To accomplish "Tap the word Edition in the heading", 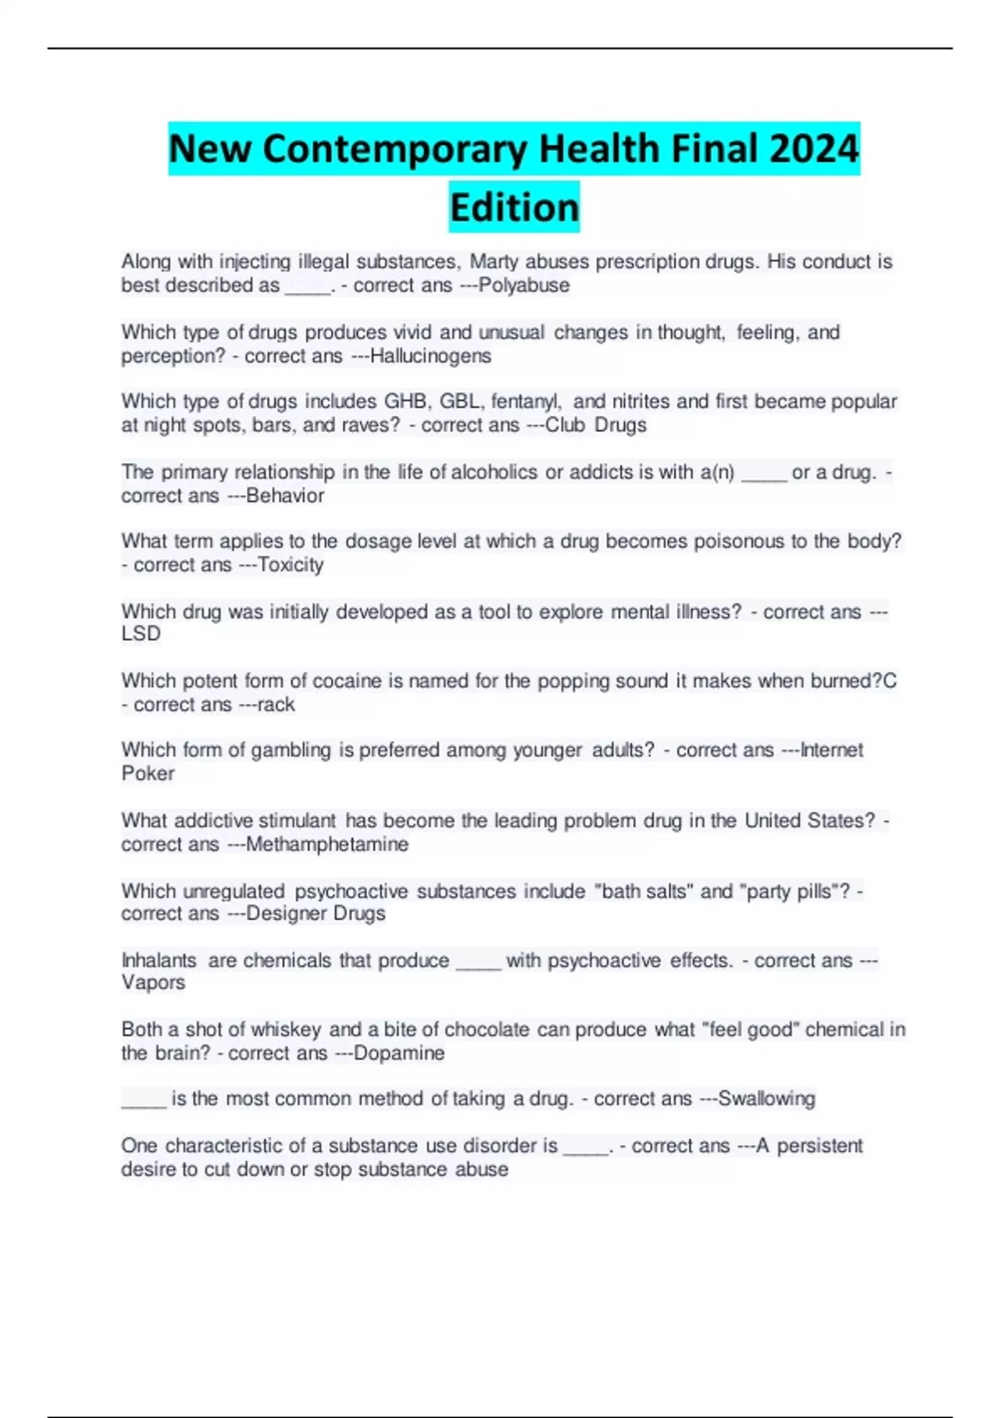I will (514, 207).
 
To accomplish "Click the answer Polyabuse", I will (524, 285).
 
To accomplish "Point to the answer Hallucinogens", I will (430, 356).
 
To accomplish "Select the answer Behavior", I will (285, 495).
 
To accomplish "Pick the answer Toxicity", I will (290, 565).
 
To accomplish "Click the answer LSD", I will (141, 634).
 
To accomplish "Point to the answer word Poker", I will (148, 773).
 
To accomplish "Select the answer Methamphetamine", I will (327, 844).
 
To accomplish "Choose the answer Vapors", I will (153, 983).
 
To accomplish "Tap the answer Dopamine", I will (400, 1053).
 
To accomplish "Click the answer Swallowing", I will (767, 1099).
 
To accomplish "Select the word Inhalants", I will (158, 960).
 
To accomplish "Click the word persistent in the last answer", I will (820, 1145).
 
